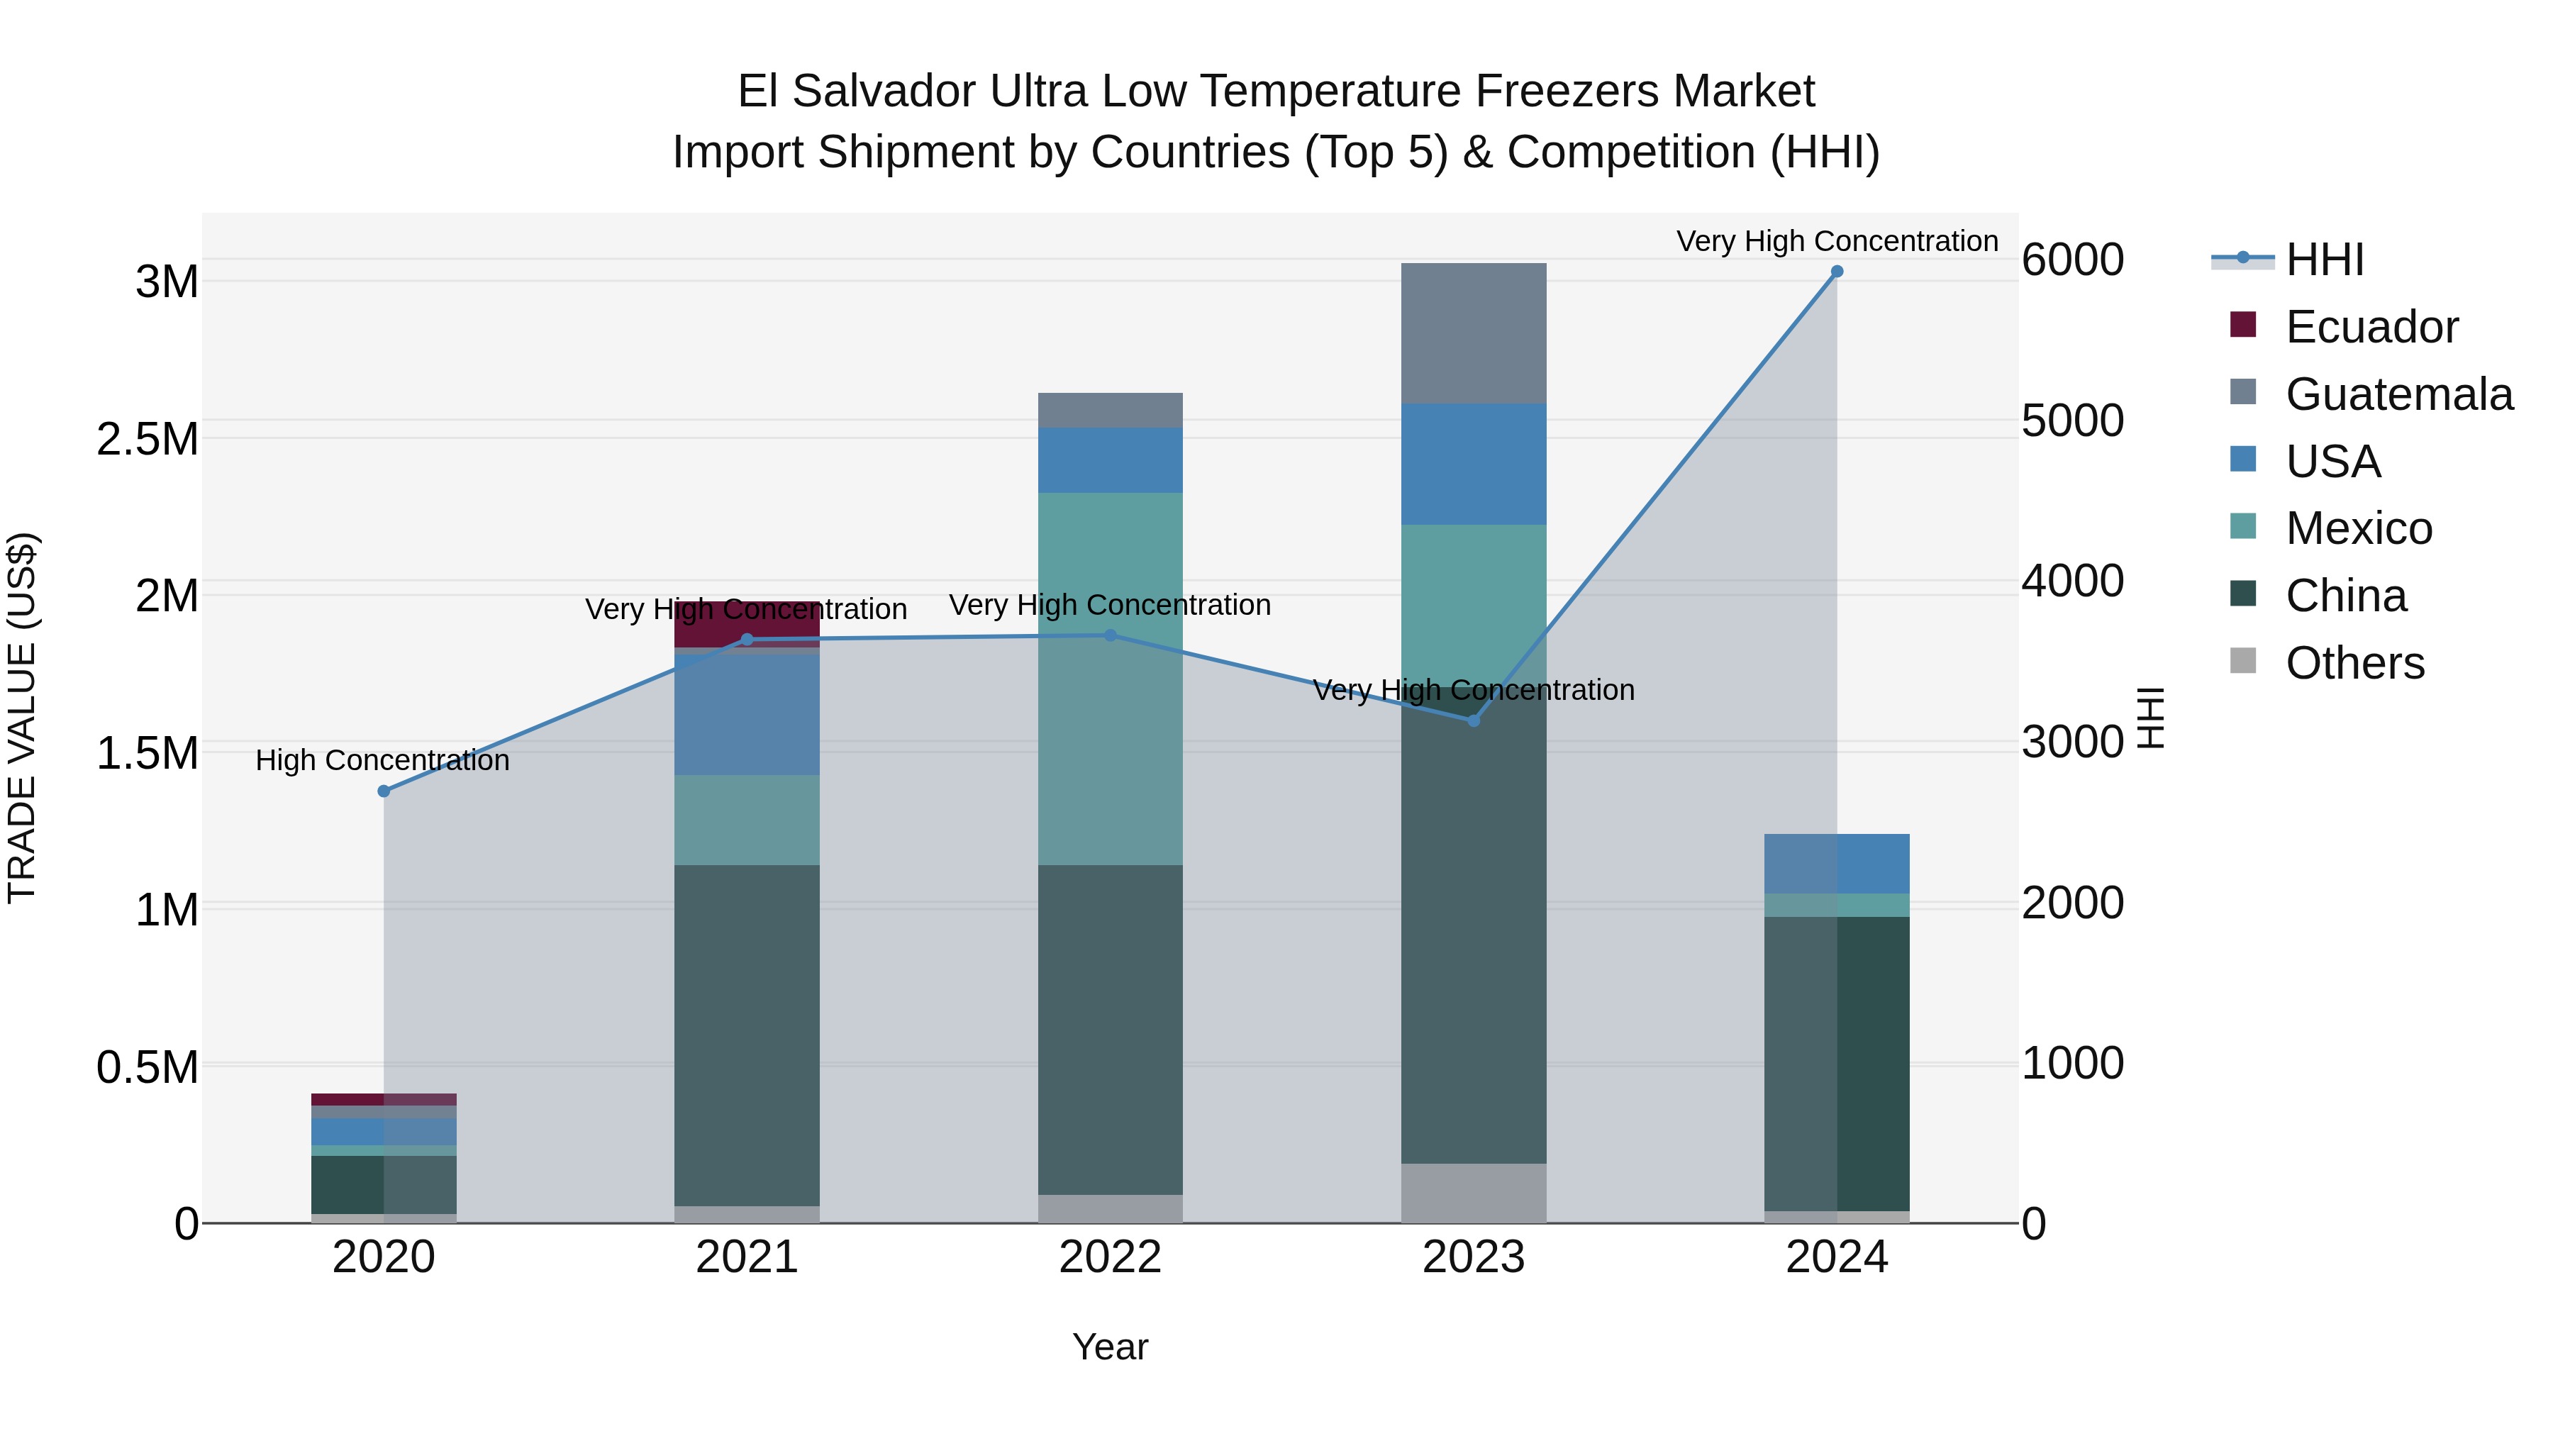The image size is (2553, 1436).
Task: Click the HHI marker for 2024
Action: [1837, 272]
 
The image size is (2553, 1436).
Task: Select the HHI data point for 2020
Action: [384, 791]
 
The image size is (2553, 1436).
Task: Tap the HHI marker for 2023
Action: [1473, 720]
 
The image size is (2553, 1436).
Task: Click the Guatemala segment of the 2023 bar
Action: [1473, 333]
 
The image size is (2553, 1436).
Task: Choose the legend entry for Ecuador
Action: [2371, 327]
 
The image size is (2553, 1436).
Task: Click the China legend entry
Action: [2345, 596]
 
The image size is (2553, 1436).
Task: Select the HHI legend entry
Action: [2324, 260]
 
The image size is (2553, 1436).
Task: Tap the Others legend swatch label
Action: [2354, 663]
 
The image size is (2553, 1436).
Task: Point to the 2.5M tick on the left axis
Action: [148, 439]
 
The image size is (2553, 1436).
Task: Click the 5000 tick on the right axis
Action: [2072, 421]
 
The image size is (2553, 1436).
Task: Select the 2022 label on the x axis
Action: [1110, 1257]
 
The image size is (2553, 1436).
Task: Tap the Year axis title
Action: [1110, 1347]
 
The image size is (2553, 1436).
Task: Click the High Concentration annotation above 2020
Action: [382, 760]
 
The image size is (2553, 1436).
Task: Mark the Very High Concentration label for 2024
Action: [1837, 241]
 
